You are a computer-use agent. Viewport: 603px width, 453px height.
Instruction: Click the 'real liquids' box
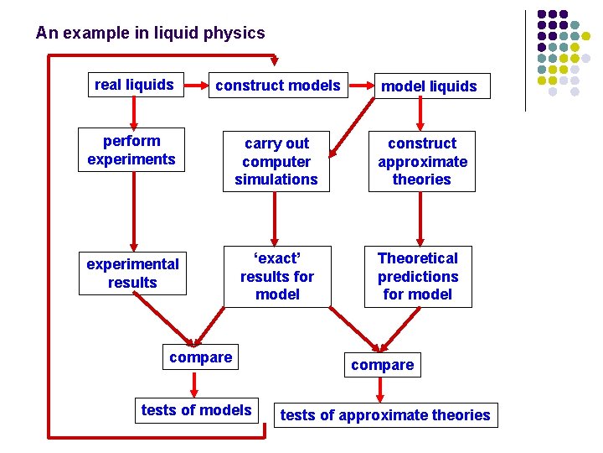[136, 85]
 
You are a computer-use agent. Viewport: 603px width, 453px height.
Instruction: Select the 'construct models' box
[278, 85]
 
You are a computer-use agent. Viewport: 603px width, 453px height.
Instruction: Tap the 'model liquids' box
[432, 86]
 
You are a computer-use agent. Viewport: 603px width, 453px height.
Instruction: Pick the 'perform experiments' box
[131, 150]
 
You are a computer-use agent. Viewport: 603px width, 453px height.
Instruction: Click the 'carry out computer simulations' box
[276, 161]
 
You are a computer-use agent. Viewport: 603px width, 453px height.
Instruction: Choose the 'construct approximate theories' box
[422, 161]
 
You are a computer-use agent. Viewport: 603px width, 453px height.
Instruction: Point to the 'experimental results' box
[132, 273]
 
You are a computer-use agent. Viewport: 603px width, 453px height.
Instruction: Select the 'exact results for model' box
[277, 277]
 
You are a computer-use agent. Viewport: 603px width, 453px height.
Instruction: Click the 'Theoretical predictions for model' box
[418, 277]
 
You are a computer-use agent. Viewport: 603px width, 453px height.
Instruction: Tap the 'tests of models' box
[197, 410]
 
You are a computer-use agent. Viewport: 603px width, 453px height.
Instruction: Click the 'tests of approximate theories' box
[386, 415]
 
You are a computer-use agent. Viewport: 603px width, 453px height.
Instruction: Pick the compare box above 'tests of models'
[200, 357]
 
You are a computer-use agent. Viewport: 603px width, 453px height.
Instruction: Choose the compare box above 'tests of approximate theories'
[382, 365]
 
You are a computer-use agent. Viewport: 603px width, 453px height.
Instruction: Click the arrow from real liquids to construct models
[196, 85]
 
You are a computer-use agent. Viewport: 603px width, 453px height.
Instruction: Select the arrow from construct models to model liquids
[362, 86]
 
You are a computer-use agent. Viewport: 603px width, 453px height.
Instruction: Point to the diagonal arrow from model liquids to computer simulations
[352, 128]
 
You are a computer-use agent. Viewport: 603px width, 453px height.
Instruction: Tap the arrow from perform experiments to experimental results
[134, 211]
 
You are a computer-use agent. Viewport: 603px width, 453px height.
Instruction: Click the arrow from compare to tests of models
[194, 384]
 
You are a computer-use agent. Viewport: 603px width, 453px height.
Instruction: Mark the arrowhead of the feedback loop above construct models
[274, 60]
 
